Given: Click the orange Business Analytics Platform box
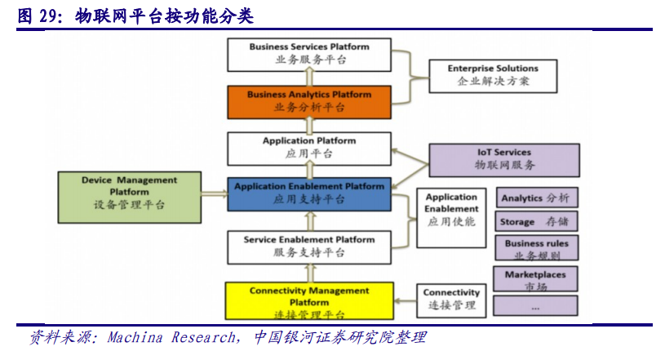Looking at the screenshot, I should click(309, 100).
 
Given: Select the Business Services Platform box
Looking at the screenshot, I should click(309, 53).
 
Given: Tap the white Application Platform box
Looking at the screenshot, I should click(309, 147).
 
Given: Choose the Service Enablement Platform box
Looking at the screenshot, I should click(309, 246).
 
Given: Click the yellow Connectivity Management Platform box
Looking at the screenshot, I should click(309, 301).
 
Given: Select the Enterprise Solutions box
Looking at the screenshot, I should click(493, 75).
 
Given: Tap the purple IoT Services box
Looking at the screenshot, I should click(503, 158).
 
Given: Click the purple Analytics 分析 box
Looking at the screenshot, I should click(535, 198).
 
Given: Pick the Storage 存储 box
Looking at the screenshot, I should click(535, 221).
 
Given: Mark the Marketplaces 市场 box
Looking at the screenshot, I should click(535, 279).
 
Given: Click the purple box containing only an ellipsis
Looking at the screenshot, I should click(535, 307).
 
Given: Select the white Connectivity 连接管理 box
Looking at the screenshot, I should click(451, 300).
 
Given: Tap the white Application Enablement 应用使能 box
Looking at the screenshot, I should click(451, 217).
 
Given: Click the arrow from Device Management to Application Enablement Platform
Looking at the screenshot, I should click(215, 194).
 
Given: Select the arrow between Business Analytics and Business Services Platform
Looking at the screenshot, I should click(309, 77).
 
